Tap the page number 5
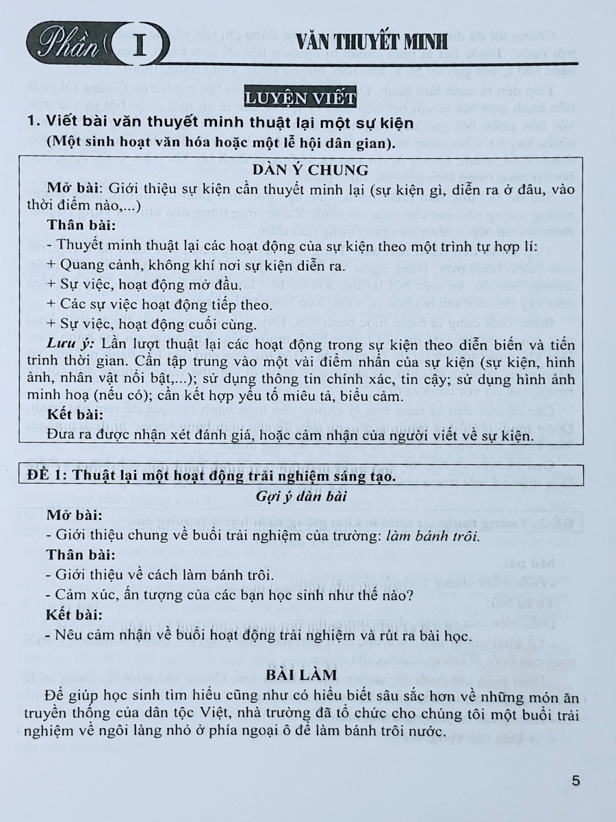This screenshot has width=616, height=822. click(x=575, y=780)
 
